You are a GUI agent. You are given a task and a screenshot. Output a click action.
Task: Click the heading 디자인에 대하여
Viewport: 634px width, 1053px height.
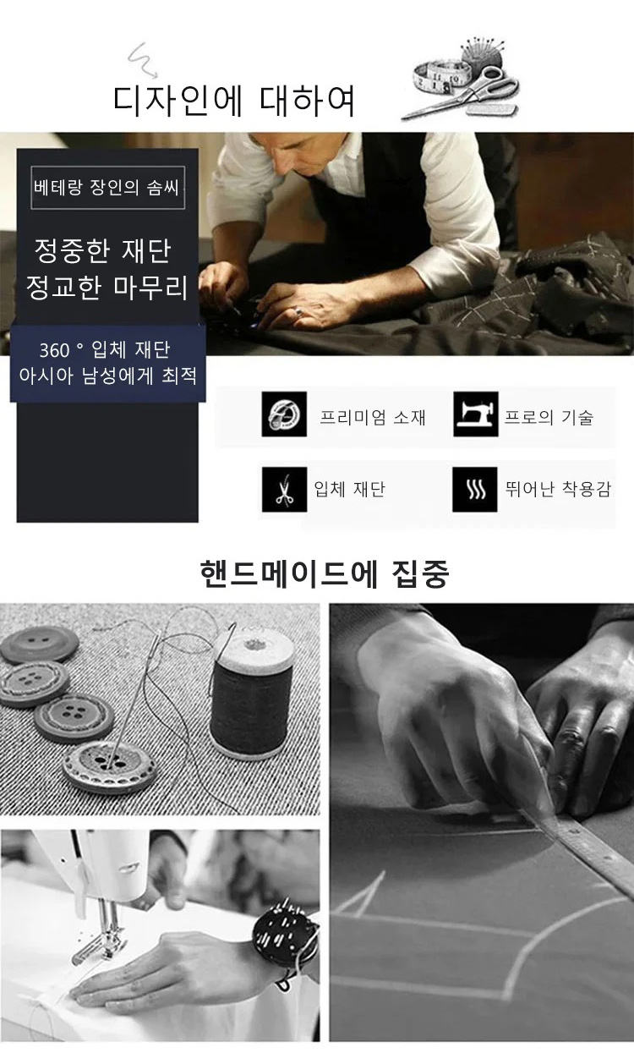[234, 101]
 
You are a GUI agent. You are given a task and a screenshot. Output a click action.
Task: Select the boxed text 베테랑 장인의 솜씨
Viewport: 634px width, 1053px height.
[107, 189]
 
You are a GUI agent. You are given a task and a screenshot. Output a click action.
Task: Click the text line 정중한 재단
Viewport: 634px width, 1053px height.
[103, 250]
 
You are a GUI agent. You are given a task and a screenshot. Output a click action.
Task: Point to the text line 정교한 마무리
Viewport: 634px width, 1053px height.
[107, 288]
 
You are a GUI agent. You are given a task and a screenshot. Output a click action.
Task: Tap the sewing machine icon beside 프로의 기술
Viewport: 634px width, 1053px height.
[475, 414]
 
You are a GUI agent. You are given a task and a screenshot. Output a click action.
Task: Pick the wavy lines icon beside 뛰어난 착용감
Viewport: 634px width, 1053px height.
[475, 489]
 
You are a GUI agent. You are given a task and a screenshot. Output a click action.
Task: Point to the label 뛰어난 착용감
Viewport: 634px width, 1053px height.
[558, 489]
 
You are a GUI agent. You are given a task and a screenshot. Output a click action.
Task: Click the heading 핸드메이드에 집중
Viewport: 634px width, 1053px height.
[325, 573]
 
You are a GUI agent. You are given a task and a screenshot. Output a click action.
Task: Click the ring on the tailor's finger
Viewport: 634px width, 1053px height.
[299, 313]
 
